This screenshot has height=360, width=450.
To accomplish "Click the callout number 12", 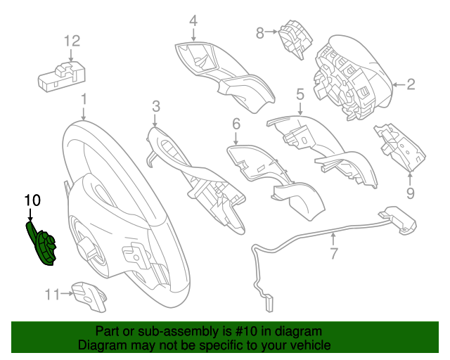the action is [x=72, y=41].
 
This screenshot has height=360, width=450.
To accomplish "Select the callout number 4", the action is [x=193, y=21].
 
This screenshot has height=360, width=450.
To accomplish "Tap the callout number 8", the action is [x=259, y=33].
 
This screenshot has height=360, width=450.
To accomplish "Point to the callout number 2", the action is [x=411, y=84].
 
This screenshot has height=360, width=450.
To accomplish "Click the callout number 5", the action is [x=300, y=94].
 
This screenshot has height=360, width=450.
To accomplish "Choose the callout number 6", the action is [x=236, y=124].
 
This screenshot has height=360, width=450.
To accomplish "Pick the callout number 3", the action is [x=156, y=106].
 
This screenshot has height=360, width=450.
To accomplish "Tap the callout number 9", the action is [x=411, y=193].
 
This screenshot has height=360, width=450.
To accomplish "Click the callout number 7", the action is [x=333, y=253].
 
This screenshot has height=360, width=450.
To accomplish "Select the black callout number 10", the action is [x=32, y=200].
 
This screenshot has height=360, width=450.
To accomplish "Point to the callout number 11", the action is [x=52, y=295].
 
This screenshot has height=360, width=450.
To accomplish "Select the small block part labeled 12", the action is [x=62, y=77].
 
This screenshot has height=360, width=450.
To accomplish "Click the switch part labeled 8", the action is [x=295, y=39].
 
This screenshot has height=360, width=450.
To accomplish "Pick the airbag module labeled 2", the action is [x=354, y=77].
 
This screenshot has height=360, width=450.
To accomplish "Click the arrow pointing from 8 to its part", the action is [x=271, y=32].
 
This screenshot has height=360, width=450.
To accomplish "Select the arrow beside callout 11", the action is [x=67, y=293].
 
